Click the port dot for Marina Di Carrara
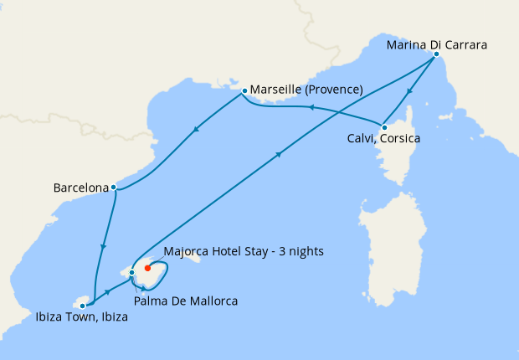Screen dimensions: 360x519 (x=436, y=55)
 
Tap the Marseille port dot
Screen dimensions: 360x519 (x=244, y=90)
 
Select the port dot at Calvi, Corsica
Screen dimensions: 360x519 (x=383, y=126)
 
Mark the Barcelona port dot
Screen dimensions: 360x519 (x=113, y=188)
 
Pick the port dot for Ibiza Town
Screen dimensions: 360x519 (x=82, y=306)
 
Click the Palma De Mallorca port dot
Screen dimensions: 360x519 (x=131, y=272)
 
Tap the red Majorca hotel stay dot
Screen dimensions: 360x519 (x=147, y=268)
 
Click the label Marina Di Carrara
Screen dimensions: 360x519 (x=437, y=44)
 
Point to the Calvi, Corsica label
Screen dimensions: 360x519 (x=383, y=138)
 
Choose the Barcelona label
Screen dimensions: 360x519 (x=80, y=188)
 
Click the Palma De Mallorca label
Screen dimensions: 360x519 (x=187, y=301)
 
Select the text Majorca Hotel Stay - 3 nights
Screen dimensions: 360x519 (x=244, y=251)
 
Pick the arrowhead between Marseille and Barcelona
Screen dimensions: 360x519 (x=195, y=129)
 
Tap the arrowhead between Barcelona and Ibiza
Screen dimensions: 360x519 (x=104, y=246)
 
